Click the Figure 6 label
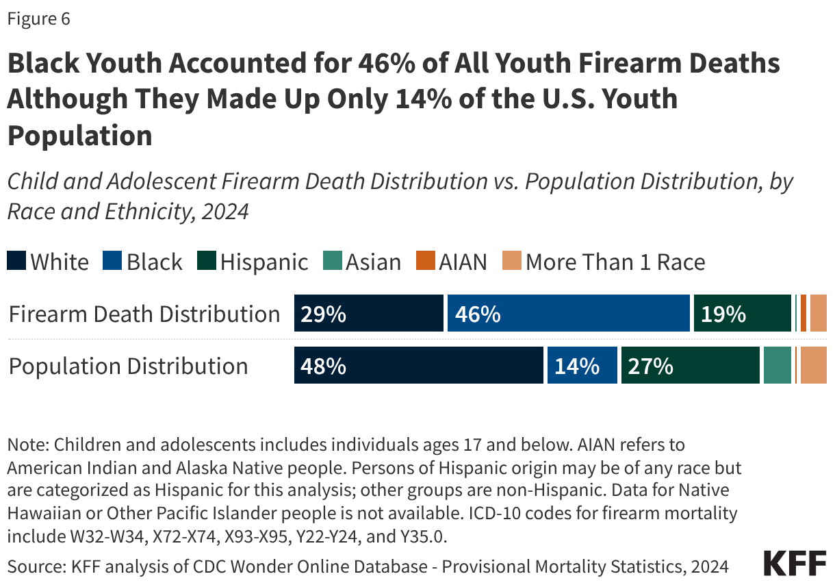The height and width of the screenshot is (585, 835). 38,19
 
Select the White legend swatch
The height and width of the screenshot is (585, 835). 17,261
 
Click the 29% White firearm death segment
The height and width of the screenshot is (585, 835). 369,314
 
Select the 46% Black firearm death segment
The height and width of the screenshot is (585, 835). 568,314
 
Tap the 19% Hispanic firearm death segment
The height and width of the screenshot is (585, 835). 743,314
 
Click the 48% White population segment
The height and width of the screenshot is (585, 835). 419,365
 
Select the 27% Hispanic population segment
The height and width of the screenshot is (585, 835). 691,365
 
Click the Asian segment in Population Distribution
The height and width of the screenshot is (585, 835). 778,365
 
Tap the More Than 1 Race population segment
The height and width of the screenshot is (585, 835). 813,365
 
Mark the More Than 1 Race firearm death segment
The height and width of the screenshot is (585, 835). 819,314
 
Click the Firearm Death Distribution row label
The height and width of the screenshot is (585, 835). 144,314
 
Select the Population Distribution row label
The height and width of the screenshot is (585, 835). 128,366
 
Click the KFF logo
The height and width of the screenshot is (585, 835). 795,562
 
